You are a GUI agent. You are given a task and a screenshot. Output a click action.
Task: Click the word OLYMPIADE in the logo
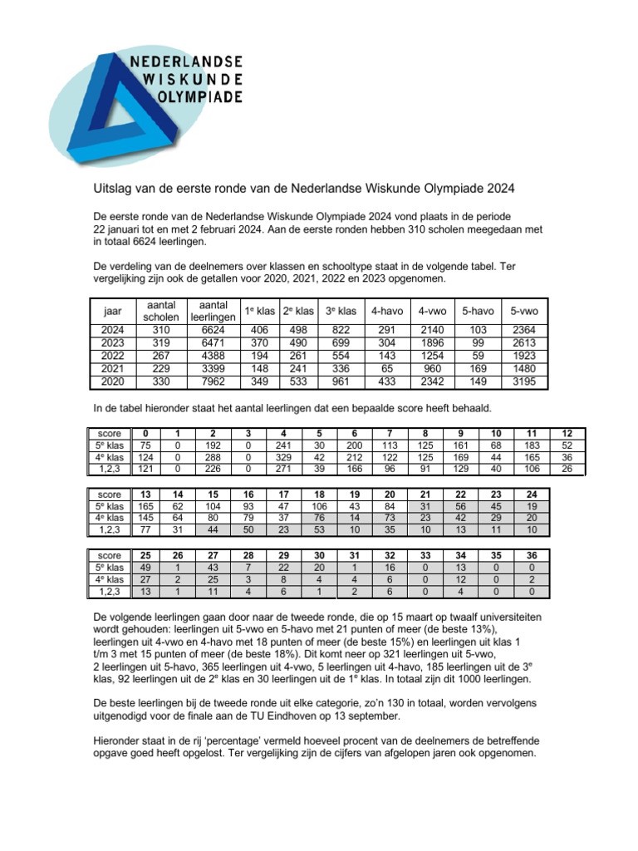(200, 96)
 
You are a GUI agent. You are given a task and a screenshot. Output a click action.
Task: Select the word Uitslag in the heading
(110, 188)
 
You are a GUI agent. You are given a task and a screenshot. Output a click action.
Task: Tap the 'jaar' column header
(112, 311)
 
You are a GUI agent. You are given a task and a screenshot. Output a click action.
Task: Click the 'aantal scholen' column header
(161, 311)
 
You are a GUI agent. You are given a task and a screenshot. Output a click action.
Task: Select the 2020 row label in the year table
(112, 382)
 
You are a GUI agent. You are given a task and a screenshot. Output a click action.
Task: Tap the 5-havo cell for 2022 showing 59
(478, 356)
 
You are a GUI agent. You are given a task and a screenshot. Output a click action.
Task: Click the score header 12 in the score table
(567, 433)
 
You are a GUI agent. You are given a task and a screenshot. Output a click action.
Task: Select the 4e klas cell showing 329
(284, 457)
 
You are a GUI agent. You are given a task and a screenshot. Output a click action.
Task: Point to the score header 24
(532, 494)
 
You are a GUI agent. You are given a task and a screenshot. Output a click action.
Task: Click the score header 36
(532, 554)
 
